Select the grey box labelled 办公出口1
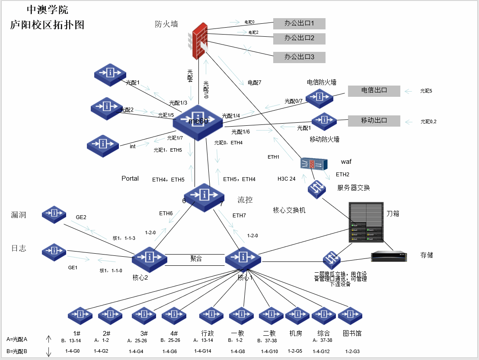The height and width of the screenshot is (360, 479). point(299,23)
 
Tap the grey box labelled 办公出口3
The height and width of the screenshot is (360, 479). point(299,57)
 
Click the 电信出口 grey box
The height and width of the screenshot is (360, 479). point(374,91)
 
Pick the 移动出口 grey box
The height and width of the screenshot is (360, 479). point(374,121)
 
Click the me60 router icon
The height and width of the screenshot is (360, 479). point(198,122)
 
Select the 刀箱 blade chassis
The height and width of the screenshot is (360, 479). point(366,223)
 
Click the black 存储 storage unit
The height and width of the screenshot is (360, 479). point(390,256)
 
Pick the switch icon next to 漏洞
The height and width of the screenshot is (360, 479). point(54,214)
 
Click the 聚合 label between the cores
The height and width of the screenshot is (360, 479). point(196,258)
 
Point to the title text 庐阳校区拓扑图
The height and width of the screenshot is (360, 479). point(47,25)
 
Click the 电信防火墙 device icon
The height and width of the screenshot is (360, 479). point(319,98)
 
